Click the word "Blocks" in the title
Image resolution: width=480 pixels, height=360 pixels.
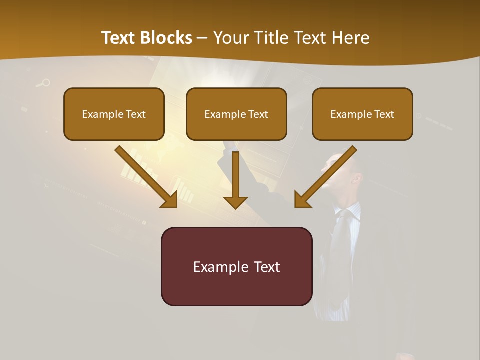point(166,38)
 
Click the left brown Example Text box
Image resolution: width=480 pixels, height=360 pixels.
point(114,114)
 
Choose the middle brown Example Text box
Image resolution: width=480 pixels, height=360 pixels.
point(236,114)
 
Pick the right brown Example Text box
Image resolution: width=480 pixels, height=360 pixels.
point(362,114)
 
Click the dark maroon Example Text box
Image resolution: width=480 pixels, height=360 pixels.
point(236,267)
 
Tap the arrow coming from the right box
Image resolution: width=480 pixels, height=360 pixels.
point(327,176)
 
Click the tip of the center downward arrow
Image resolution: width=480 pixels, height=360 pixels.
point(235,207)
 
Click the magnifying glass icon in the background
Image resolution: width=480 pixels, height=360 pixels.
point(44,83)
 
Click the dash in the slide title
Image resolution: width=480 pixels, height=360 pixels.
point(202,38)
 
